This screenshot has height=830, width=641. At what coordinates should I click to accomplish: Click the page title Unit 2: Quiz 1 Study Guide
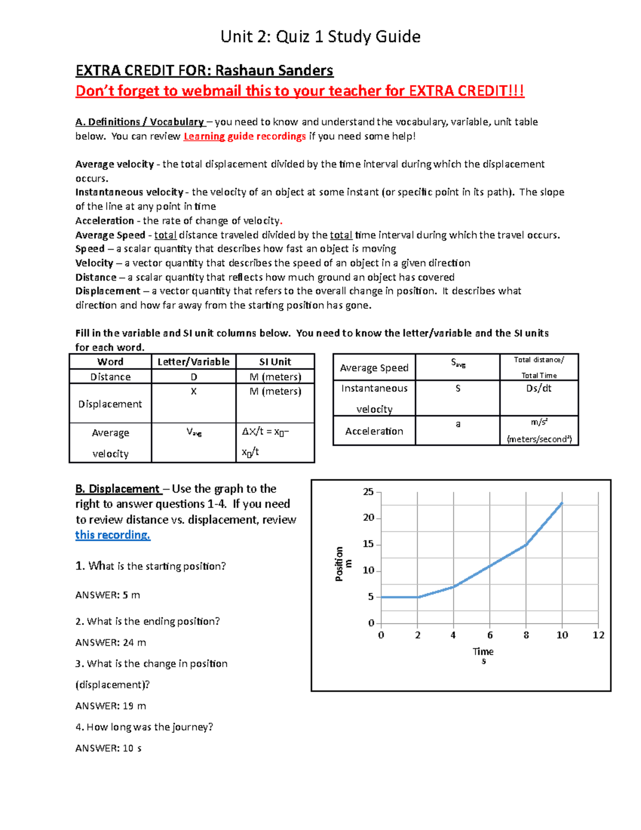pyautogui.click(x=320, y=36)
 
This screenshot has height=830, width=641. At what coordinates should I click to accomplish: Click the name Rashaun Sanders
pyautogui.click(x=274, y=71)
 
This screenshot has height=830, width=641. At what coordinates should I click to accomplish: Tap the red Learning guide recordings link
pyautogui.click(x=245, y=136)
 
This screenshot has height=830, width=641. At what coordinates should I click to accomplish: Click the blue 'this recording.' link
pyautogui.click(x=113, y=535)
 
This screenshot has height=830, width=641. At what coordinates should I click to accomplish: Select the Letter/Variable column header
pyautogui.click(x=193, y=362)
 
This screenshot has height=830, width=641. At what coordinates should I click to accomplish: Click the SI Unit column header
pyautogui.click(x=275, y=362)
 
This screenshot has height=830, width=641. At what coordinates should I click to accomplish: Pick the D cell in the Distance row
pyautogui.click(x=194, y=377)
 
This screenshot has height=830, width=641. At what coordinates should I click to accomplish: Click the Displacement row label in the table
pyautogui.click(x=110, y=404)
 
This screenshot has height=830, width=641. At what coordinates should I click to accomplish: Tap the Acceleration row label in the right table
pyautogui.click(x=374, y=431)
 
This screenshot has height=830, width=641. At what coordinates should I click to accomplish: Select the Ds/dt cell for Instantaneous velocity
pyautogui.click(x=538, y=389)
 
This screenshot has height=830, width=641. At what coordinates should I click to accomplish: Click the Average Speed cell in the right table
pyautogui.click(x=374, y=368)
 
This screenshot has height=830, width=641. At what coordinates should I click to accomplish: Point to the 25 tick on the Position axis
pyautogui.click(x=369, y=492)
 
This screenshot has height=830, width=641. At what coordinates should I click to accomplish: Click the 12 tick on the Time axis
pyautogui.click(x=598, y=635)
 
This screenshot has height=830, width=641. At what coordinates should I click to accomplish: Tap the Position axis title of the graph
pyautogui.click(x=342, y=564)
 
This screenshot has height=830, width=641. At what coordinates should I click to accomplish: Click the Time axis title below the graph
pyautogui.click(x=483, y=651)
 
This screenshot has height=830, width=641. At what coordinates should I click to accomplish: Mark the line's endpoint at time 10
pyautogui.click(x=562, y=503)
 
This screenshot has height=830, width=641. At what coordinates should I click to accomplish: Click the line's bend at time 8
pyautogui.click(x=526, y=545)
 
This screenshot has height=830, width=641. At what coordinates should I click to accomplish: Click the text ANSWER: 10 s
pyautogui.click(x=108, y=748)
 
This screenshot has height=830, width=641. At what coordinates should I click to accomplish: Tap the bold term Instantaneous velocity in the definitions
pyautogui.click(x=129, y=192)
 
